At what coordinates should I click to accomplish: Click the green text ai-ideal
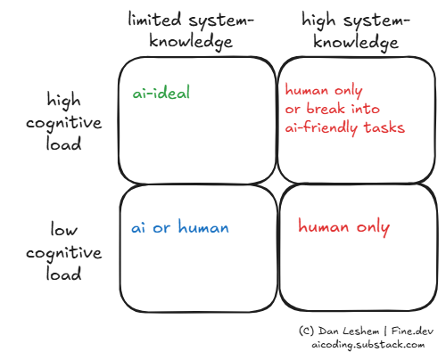point(161,92)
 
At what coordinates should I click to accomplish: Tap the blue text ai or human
point(180,227)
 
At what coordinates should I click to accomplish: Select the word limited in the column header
point(154,20)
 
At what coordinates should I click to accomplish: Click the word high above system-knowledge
point(318,20)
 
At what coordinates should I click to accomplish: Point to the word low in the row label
point(64,230)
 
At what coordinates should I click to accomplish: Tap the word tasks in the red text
point(384,127)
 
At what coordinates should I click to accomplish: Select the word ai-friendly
point(321,127)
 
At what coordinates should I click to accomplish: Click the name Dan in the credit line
point(327,331)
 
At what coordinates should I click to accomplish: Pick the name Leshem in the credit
point(359,331)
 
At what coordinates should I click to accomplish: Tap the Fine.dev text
point(412,331)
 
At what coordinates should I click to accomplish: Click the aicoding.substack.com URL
point(368,345)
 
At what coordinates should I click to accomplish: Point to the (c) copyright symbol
point(307,331)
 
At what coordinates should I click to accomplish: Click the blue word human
point(203,227)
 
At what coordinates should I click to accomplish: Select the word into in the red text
point(366,109)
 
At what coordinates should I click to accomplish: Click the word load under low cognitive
point(63,273)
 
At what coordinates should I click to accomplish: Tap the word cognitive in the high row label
point(64,123)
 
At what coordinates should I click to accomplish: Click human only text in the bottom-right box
point(343,227)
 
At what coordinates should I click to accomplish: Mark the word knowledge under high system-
point(356,42)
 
